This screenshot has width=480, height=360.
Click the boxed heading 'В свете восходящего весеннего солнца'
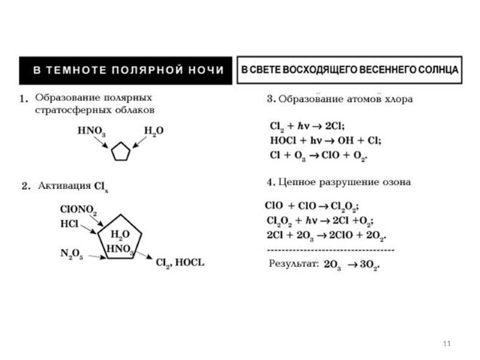tap(350, 70)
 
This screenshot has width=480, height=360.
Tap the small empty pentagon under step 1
tap(121, 152)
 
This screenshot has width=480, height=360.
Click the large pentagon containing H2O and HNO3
tap(120, 236)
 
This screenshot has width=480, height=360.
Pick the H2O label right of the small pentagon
tap(154, 131)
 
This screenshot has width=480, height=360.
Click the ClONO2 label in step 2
tap(79, 210)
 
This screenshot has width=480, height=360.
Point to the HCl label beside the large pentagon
tap(69, 223)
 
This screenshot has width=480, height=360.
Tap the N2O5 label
tap(72, 254)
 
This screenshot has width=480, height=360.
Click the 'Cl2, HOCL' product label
tap(180, 263)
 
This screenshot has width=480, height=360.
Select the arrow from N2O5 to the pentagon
tap(95, 257)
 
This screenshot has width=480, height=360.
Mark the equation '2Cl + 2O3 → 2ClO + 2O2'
tap(326, 233)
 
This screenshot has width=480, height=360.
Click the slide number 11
tap(446, 343)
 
